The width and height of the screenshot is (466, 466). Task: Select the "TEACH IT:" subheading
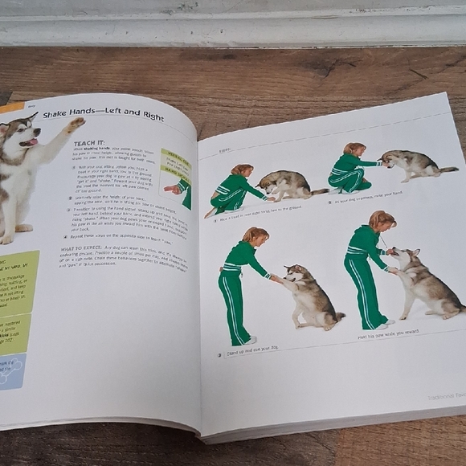(x=89, y=141)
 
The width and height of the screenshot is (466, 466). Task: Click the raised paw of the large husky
(x=75, y=125)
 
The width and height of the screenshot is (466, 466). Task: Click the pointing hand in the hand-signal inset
(x=171, y=190)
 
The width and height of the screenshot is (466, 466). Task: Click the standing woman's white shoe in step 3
(x=250, y=341)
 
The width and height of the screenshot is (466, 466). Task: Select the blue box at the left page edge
(x=10, y=370)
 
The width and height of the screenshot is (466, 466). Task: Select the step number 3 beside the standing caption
(x=219, y=354)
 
